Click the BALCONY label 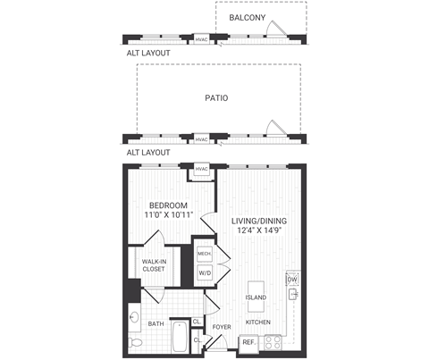pyautogui.click(x=248, y=17)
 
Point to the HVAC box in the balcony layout pyautogui.click(x=201, y=40)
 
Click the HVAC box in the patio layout pyautogui.click(x=201, y=139)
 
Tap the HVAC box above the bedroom pyautogui.click(x=201, y=170)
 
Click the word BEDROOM pyautogui.click(x=167, y=205)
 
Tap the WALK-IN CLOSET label pyautogui.click(x=154, y=264)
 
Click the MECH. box pyautogui.click(x=204, y=255)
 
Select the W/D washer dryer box pyautogui.click(x=204, y=272)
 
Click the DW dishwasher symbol pyautogui.click(x=291, y=279)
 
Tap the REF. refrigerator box pyautogui.click(x=248, y=341)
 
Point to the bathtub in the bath pyautogui.click(x=179, y=341)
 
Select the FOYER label pyautogui.click(x=222, y=327)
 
